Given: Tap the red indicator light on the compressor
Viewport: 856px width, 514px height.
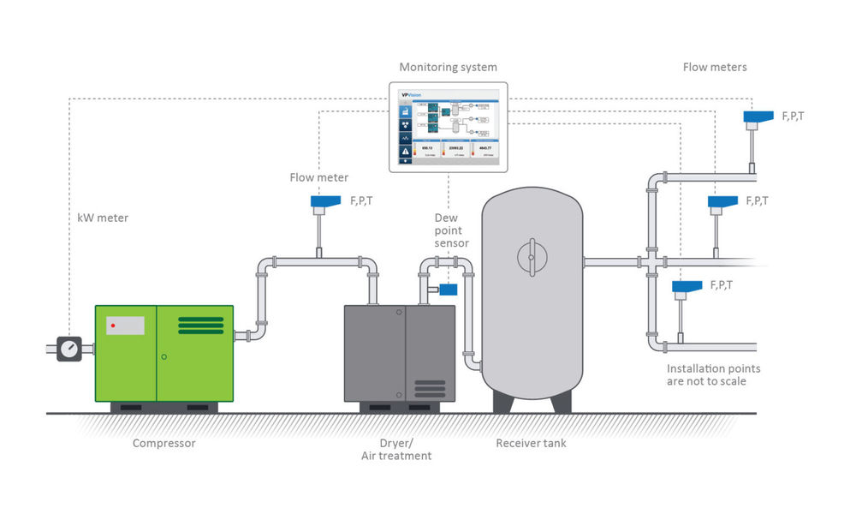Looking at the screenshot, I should click(112, 326).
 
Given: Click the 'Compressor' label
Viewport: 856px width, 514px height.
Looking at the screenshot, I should click(163, 443).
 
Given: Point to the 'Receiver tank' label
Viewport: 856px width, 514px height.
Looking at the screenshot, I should click(531, 443).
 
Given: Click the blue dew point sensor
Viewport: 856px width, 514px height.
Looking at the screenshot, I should click(447, 290).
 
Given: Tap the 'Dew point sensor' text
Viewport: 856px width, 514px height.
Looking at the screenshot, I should click(451, 230).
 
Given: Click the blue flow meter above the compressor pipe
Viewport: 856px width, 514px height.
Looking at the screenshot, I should click(325, 204).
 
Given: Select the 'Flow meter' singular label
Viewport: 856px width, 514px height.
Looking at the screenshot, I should click(319, 177).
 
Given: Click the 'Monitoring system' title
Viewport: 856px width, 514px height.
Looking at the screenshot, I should click(448, 67).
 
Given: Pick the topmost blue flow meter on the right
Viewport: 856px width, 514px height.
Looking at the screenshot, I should click(758, 117).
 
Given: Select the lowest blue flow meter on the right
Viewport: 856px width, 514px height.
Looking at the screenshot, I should click(687, 287).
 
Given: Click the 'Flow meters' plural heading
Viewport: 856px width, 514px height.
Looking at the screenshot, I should click(714, 67).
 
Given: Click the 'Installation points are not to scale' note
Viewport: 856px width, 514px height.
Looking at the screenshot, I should click(713, 374).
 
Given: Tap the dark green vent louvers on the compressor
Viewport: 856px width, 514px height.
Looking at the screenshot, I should click(200, 326).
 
